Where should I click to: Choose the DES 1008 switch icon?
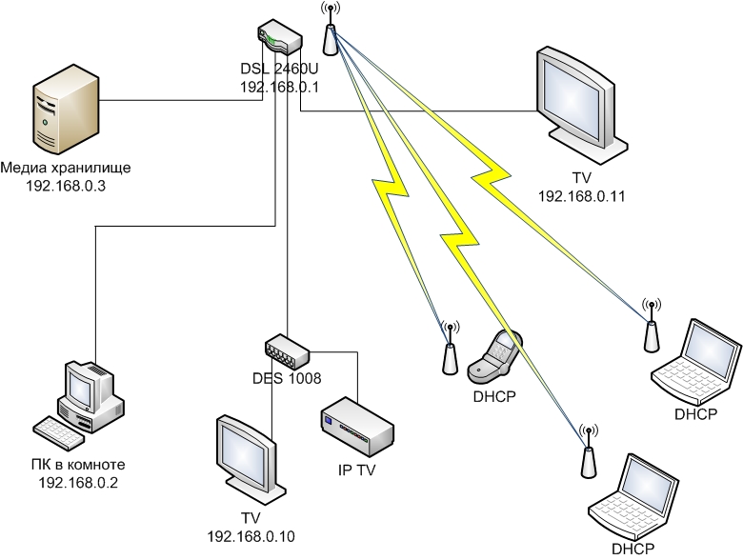tap(288, 350)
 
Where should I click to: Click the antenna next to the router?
tap(330, 30)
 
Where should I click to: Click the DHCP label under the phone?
tap(493, 395)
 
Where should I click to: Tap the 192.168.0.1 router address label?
tap(279, 87)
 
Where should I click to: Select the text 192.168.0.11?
tap(581, 195)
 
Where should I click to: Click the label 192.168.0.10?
tap(251, 536)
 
